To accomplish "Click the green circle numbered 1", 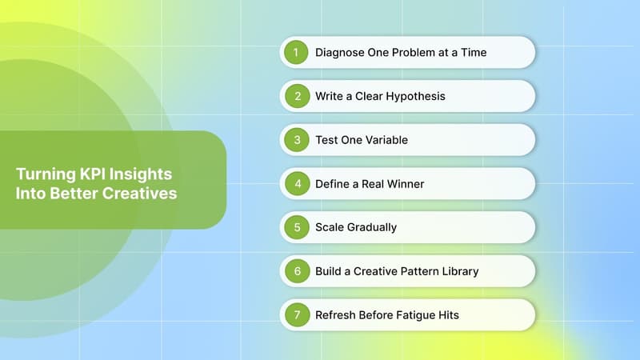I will pos(297,53).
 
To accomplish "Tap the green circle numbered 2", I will pos(297,96).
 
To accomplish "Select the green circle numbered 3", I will pos(297,140).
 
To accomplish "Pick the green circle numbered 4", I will pos(297,183).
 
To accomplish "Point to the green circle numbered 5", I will pos(297,227).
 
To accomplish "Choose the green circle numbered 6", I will pos(297,271).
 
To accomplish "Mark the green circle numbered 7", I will pos(297,314).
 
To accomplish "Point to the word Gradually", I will pos(372,227).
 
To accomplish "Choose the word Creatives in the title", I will pos(138,194).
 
